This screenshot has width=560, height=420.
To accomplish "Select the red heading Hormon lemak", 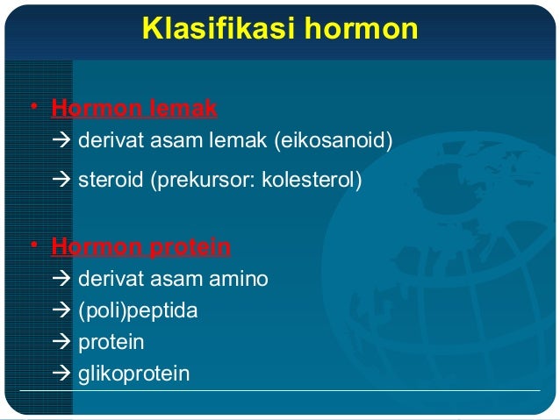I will pyautogui.click(x=134, y=109).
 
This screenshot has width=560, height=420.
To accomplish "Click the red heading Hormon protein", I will pyautogui.click(x=141, y=247).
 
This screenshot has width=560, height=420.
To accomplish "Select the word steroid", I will pyautogui.click(x=111, y=181).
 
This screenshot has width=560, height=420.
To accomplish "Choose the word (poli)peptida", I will pyautogui.click(x=138, y=310).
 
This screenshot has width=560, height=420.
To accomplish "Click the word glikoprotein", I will pyautogui.click(x=133, y=374).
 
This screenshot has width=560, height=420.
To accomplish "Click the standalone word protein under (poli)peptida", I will pyautogui.click(x=111, y=342).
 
